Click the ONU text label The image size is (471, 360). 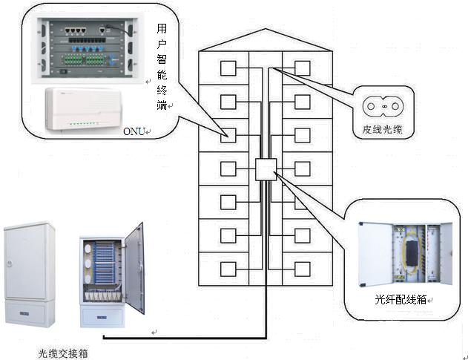[134, 131]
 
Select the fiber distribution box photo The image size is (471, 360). [404, 255]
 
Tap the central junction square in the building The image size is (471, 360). [265, 169]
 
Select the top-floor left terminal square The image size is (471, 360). [228, 68]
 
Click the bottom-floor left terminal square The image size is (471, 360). [228, 269]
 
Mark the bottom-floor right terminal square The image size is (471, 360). [302, 269]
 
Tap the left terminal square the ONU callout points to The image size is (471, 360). [228, 135]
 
